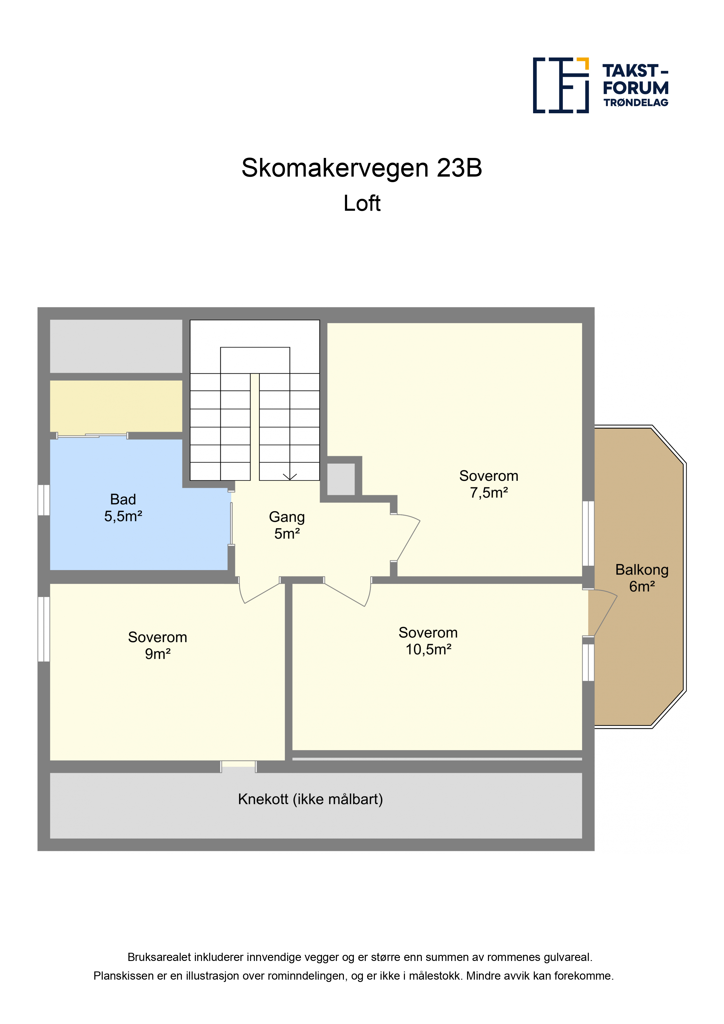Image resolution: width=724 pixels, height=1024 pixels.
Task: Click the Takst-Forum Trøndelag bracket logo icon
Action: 561,85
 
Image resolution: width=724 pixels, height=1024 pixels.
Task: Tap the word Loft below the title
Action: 362,203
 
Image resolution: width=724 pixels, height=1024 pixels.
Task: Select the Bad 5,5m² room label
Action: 123,508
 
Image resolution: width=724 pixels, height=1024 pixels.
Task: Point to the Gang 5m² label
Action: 287,525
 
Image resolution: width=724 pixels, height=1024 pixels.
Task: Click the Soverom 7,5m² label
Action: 489,484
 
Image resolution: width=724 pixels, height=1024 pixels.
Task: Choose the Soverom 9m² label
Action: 157,645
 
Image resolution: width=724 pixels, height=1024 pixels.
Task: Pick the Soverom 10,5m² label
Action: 428,641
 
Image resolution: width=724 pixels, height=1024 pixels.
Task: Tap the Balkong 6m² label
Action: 642,578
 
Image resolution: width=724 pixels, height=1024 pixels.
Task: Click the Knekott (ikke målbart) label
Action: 311,799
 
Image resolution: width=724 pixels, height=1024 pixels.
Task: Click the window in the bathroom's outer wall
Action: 44,500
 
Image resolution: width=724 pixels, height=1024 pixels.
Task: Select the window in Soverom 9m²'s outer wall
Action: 44,629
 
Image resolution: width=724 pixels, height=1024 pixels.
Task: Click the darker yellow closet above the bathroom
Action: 116,406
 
